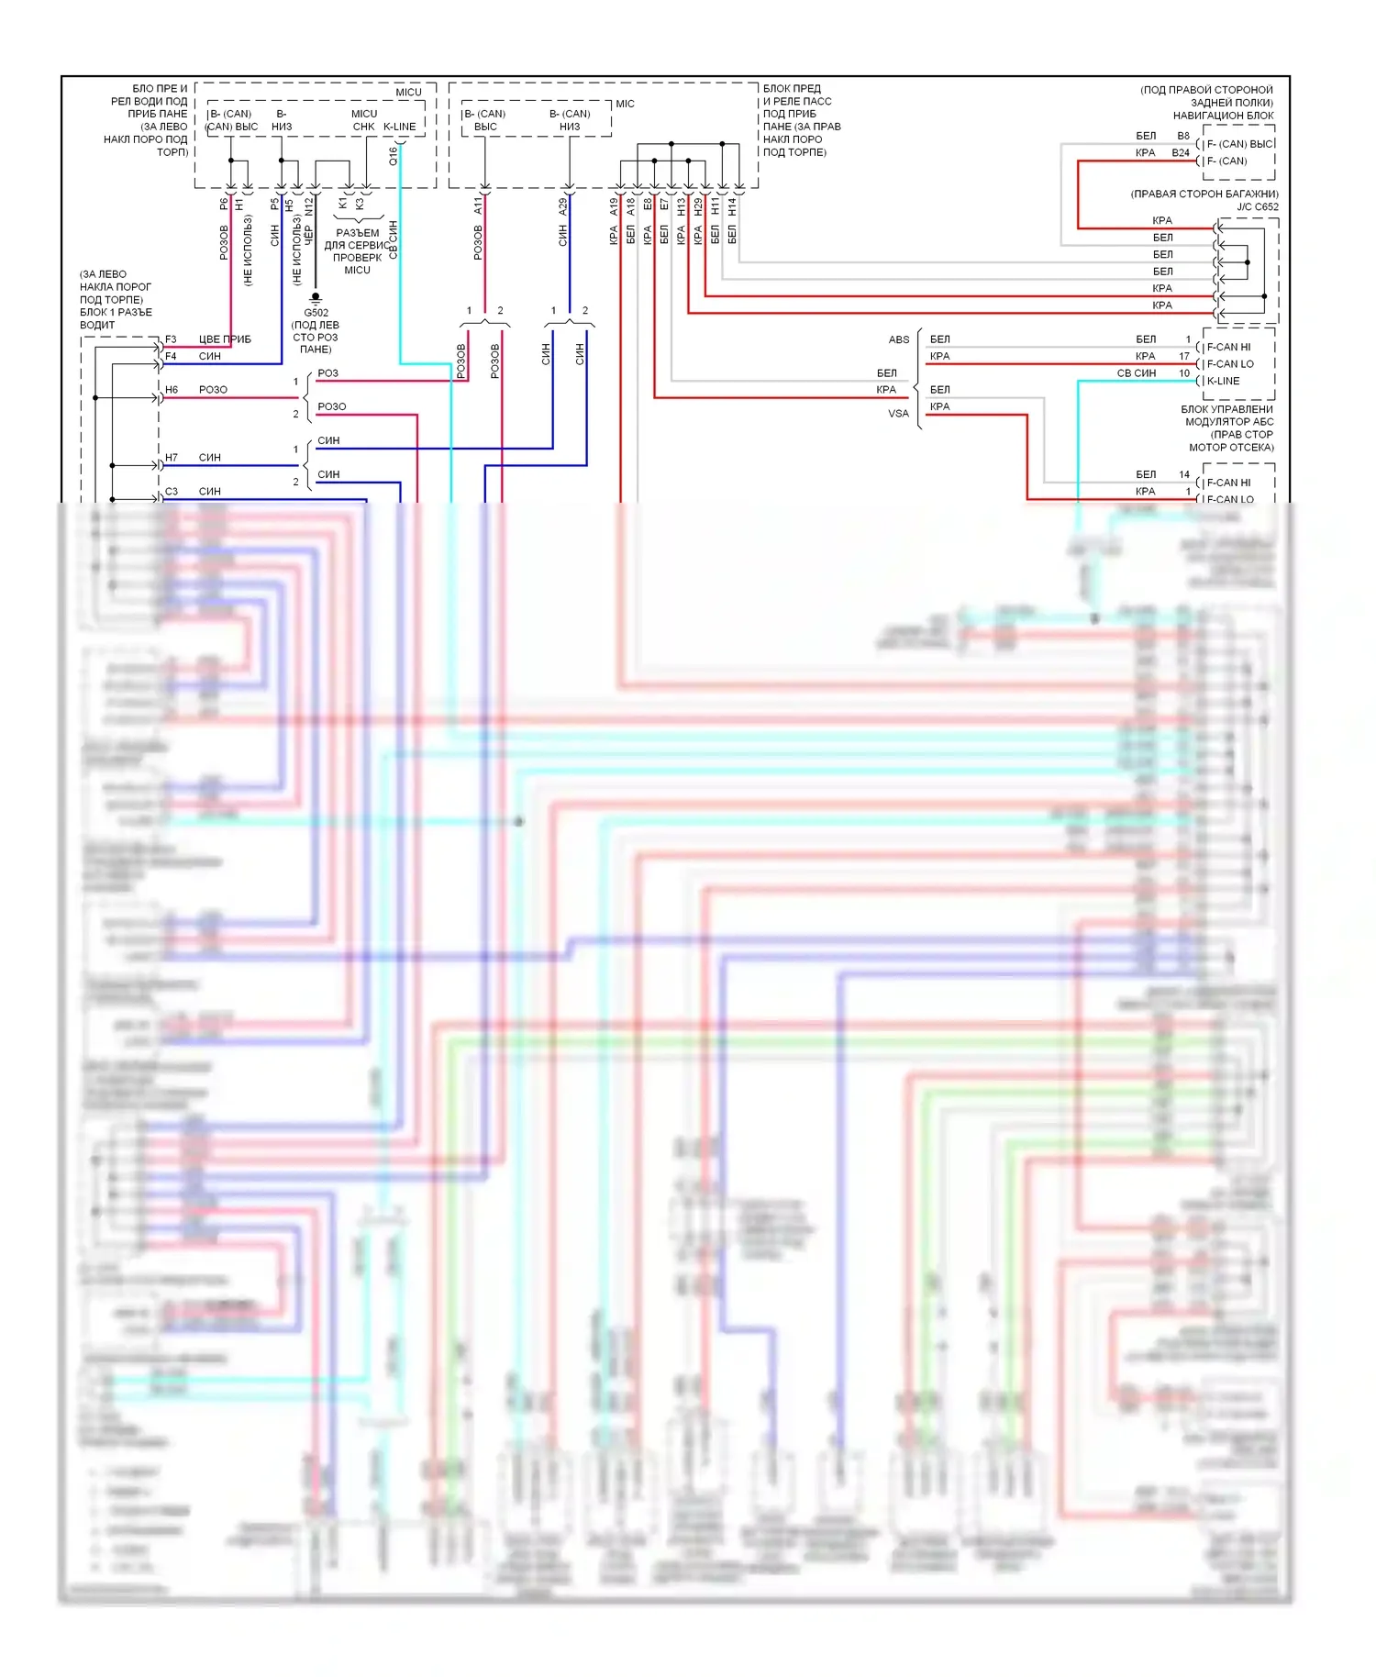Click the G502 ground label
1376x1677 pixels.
tap(316, 313)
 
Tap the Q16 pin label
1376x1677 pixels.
tap(394, 156)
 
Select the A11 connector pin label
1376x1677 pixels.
tap(478, 205)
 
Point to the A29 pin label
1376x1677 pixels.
tap(563, 207)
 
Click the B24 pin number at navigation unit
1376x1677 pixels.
tap(1181, 153)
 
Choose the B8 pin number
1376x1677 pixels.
tap(1183, 136)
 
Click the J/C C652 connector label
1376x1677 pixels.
tap(1257, 206)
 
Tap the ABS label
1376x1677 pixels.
tap(899, 339)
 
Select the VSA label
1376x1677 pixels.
tap(899, 414)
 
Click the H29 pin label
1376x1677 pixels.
tap(698, 207)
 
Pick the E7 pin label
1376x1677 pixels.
tap(664, 205)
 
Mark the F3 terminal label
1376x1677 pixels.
tap(171, 339)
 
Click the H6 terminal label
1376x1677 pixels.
tap(172, 390)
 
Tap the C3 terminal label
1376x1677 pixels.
tap(172, 492)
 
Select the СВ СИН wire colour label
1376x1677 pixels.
tap(1136, 373)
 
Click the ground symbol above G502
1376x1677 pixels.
tap(316, 297)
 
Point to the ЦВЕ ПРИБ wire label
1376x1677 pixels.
tap(225, 339)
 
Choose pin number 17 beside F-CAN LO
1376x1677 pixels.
tap(1184, 356)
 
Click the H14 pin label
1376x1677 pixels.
tap(732, 207)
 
